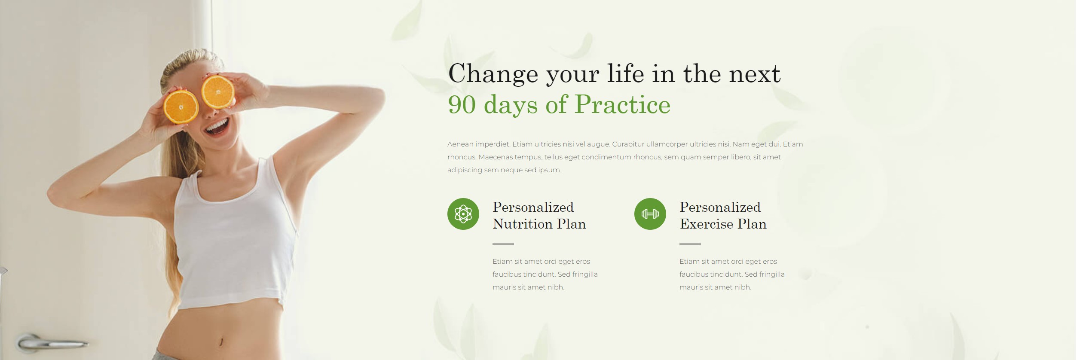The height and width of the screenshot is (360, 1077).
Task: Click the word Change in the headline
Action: [x=493, y=74]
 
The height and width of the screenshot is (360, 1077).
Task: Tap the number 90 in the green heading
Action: [x=462, y=104]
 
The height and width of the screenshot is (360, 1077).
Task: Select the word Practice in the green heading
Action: [x=622, y=104]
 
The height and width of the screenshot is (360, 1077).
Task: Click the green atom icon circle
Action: [x=463, y=214]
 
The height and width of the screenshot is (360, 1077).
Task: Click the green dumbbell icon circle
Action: [x=650, y=214]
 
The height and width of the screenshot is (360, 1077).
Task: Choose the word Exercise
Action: [x=707, y=224]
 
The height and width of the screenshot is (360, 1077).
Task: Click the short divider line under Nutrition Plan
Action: [x=503, y=244]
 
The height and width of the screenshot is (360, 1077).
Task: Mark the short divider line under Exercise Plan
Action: [x=690, y=244]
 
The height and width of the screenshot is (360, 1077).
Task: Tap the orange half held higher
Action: [x=218, y=92]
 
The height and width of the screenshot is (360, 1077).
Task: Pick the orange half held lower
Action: [x=181, y=107]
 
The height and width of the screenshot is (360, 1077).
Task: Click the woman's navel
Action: [x=221, y=342]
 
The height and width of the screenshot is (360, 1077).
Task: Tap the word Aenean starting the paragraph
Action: [x=460, y=144]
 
